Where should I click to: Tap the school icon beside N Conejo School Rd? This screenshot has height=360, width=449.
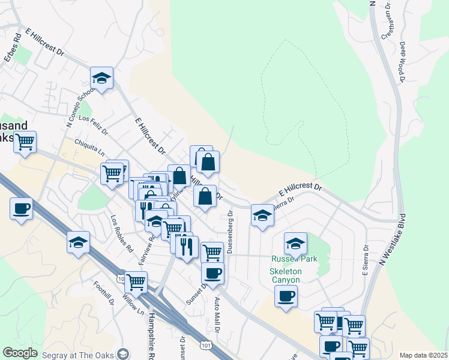tap(102, 79)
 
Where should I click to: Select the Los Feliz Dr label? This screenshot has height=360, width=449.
tap(93, 124)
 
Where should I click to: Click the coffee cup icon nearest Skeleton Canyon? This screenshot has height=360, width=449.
tap(286, 296)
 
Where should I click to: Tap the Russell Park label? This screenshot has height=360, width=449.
tap(294, 259)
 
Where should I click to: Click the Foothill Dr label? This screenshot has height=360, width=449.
tap(104, 292)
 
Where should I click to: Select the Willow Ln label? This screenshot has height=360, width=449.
tap(133, 305)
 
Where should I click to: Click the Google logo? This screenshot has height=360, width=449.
tap(20, 353)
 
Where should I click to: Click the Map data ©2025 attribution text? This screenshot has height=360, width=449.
tap(423, 355)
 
